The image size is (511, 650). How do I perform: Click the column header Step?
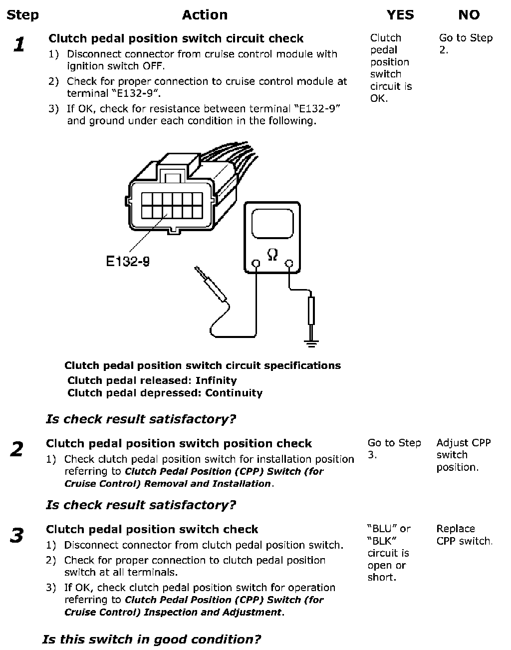click(x=22, y=15)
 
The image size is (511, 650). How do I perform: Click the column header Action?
click(x=205, y=15)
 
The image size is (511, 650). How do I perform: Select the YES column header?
click(x=400, y=15)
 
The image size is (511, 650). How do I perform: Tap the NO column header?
click(x=469, y=15)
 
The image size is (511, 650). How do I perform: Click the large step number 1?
click(x=19, y=45)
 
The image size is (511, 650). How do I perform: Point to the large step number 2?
click(x=17, y=449)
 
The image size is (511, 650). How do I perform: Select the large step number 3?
click(x=17, y=536)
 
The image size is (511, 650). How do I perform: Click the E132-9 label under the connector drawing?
click(x=128, y=261)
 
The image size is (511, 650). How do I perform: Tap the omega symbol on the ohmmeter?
click(x=272, y=255)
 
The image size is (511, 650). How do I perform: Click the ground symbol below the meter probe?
click(x=311, y=342)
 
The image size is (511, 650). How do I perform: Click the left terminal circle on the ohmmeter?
click(x=255, y=263)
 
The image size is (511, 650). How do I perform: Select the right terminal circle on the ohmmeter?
click(x=288, y=263)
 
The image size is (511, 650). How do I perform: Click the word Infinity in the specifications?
click(x=216, y=380)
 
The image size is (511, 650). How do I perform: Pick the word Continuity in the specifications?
click(x=234, y=393)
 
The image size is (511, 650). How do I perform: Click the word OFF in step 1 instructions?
click(x=153, y=66)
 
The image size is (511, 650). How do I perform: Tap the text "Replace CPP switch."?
click(x=464, y=535)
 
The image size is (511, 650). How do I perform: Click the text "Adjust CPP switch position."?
click(x=463, y=455)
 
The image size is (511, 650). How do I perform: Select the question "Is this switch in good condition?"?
click(x=152, y=640)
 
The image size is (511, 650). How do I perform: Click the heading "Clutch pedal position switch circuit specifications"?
click(x=203, y=365)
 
